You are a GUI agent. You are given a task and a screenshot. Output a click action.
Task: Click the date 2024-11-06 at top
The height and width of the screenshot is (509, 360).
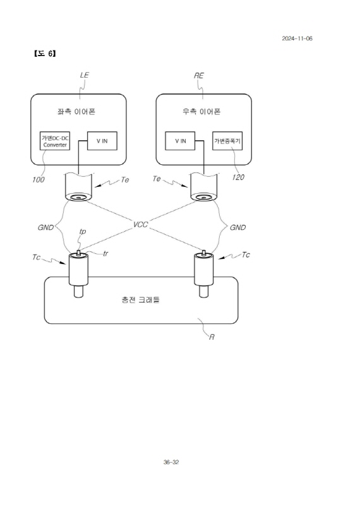pos(297,39)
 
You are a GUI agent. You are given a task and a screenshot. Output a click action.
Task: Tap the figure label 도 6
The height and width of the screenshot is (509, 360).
pos(45,54)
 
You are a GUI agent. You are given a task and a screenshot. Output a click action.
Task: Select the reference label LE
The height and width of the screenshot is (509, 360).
pos(85,75)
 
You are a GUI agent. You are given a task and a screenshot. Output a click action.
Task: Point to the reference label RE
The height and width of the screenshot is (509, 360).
pos(199,75)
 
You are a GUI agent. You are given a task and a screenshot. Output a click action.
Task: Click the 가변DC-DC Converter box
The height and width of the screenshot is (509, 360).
pos(55,141)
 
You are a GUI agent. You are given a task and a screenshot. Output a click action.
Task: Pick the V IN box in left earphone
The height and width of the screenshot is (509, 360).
pos(102,141)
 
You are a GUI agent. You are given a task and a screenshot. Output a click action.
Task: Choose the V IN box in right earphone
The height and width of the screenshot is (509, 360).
pos(180,141)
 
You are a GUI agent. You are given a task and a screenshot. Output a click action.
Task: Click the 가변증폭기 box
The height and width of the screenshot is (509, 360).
pos(227,141)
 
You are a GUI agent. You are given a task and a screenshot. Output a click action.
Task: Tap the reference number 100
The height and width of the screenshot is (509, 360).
pos(39,179)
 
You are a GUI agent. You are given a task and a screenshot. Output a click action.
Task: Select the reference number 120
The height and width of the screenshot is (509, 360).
pos(238,177)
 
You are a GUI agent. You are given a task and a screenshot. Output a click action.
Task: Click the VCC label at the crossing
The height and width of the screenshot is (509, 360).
pos(141,225)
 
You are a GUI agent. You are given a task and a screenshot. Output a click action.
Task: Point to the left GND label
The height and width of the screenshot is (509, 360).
pos(45,227)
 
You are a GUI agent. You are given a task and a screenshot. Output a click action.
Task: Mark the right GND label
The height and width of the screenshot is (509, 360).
pos(237,227)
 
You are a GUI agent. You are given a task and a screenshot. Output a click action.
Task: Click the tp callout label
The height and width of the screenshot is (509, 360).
pos(83,232)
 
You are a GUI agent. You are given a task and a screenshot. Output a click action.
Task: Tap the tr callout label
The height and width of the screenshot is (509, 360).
pos(105,253)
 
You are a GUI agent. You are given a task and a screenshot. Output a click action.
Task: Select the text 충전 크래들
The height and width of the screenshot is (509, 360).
pos(141,299)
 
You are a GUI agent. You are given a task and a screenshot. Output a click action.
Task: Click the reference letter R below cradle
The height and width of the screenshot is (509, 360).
pos(212,337)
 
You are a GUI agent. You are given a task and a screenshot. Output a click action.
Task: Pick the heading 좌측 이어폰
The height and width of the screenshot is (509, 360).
pos(76,112)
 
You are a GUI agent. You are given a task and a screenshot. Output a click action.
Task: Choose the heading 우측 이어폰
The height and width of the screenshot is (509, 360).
pos(201,112)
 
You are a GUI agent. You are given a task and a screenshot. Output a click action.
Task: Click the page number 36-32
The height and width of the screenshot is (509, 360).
pos(171,462)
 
